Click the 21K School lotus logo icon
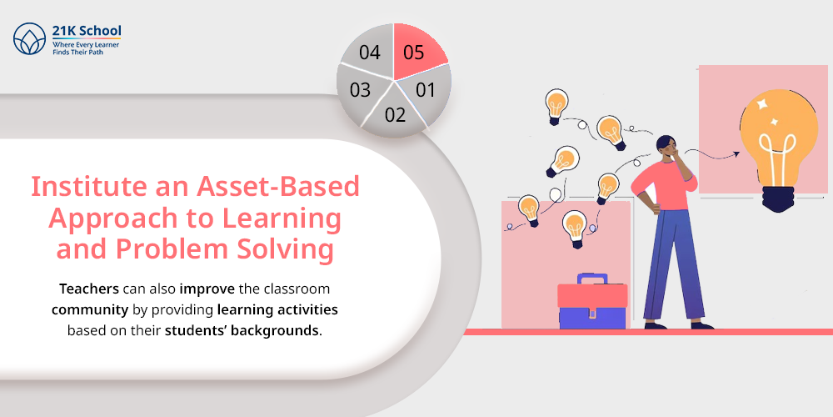point(30,39)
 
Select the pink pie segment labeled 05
point(418,52)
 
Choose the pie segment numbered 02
point(395,113)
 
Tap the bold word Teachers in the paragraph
point(89,289)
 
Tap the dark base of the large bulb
point(778,199)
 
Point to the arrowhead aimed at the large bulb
point(736,153)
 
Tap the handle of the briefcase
point(592,279)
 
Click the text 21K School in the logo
point(86,32)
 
